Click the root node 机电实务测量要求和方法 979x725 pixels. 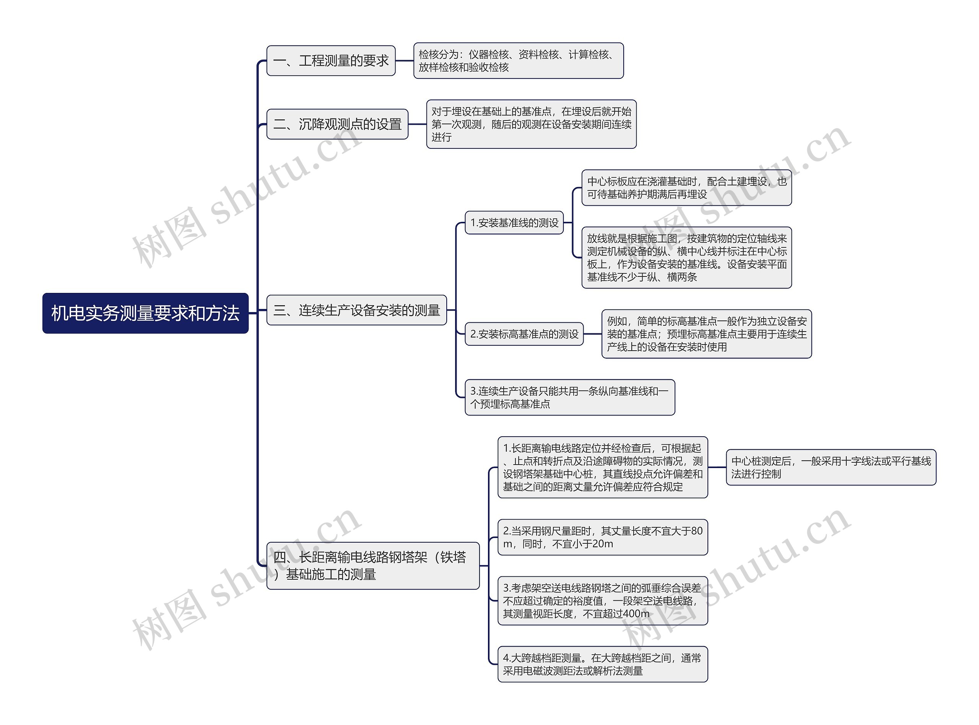click(145, 313)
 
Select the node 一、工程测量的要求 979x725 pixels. click(330, 60)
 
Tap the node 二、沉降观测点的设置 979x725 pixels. click(337, 124)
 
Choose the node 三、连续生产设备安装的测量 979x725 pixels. click(356, 310)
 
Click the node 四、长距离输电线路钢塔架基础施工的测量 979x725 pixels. click(372, 566)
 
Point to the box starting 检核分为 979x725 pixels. click(518, 60)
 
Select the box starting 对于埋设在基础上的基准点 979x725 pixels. click(531, 124)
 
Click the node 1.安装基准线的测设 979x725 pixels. click(514, 223)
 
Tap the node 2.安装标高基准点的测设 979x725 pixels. click(524, 334)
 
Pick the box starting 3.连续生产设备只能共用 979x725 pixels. click(569, 397)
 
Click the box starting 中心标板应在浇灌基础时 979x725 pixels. click(686, 188)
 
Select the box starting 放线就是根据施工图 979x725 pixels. click(686, 258)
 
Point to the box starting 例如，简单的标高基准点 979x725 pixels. click(706, 334)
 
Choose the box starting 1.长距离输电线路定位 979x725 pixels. click(602, 467)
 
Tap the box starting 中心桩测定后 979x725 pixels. click(831, 467)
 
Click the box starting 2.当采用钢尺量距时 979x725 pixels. click(602, 537)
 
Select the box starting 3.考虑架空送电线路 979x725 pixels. click(602, 601)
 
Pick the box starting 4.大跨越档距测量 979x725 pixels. click(602, 664)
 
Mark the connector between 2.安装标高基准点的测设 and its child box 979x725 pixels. click(592, 334)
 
